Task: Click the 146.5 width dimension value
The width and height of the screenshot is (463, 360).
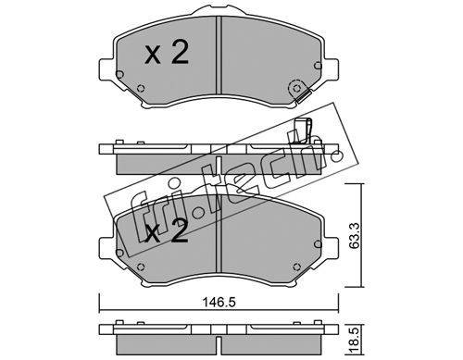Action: [x=219, y=302]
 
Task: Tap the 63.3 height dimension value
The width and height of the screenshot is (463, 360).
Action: [x=355, y=235]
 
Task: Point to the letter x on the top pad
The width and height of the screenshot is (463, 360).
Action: [x=153, y=56]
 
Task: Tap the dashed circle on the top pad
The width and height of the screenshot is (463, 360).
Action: [x=296, y=89]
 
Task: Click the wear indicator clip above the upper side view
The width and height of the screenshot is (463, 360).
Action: [x=303, y=130]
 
